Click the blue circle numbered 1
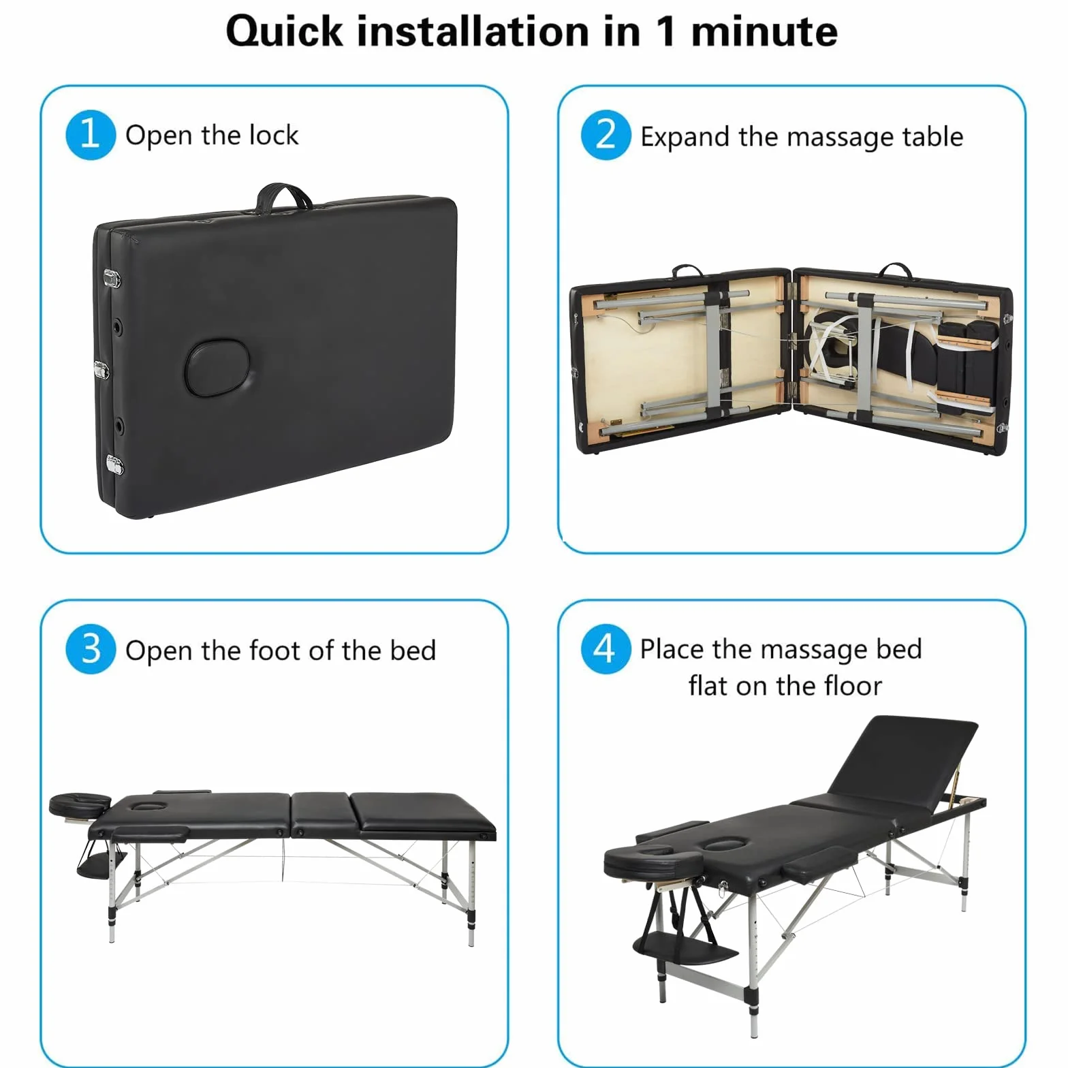(91, 135)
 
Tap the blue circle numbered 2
(606, 135)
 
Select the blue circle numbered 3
(91, 649)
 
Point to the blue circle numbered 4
(606, 649)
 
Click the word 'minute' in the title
(764, 32)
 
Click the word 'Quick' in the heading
(284, 32)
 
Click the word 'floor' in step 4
(853, 686)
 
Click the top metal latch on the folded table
(112, 278)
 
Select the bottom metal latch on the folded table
(115, 465)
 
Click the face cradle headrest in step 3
(80, 804)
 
